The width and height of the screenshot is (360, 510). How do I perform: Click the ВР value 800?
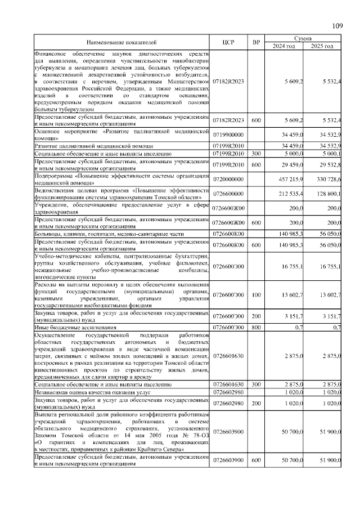[x=256, y=327]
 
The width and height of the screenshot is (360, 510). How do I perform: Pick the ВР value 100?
[x=256, y=295]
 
